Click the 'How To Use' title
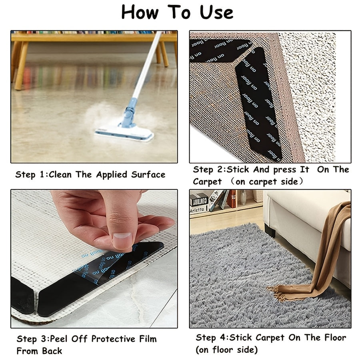click(x=177, y=12)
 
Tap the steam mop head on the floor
click(x=124, y=132)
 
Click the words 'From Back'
click(x=39, y=351)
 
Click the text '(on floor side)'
click(x=227, y=350)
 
